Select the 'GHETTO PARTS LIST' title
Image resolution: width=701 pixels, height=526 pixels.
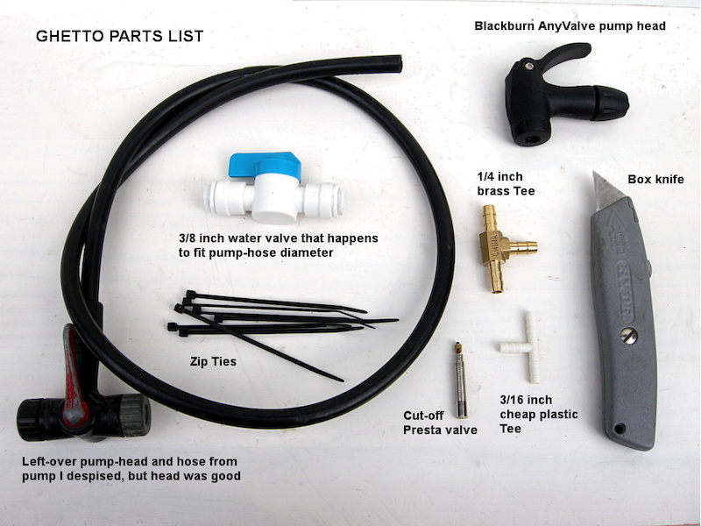tap(119, 36)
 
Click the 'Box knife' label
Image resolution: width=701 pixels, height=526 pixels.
tap(656, 179)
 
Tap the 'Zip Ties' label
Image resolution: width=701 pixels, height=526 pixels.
tap(215, 359)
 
